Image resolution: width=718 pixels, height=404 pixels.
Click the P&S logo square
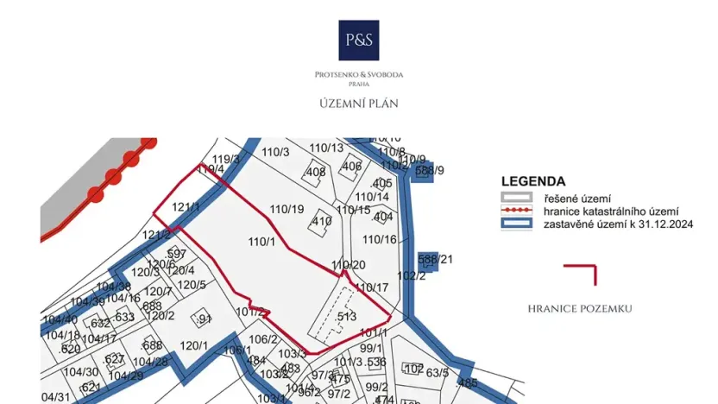pyautogui.click(x=358, y=41)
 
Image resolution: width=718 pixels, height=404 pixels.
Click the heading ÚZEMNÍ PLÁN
pyautogui.click(x=358, y=104)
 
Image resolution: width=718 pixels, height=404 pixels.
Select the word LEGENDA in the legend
pyautogui.click(x=533, y=182)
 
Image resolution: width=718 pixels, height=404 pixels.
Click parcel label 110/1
pyautogui.click(x=261, y=242)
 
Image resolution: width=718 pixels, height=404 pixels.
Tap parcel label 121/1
pyautogui.click(x=186, y=207)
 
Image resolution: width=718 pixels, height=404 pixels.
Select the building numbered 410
pyautogui.click(x=321, y=222)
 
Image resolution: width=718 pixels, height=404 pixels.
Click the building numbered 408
pyautogui.click(x=316, y=172)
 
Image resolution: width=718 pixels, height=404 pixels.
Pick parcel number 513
pyautogui.click(x=347, y=317)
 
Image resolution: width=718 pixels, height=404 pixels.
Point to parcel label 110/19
pyautogui.click(x=287, y=209)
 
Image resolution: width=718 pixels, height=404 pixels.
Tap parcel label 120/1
pyautogui.click(x=194, y=345)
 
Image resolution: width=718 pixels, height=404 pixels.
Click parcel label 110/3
pyautogui.click(x=275, y=152)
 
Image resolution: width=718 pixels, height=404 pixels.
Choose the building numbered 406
pyautogui.click(x=351, y=167)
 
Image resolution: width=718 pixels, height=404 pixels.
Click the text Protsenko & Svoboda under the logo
pyautogui.click(x=358, y=75)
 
